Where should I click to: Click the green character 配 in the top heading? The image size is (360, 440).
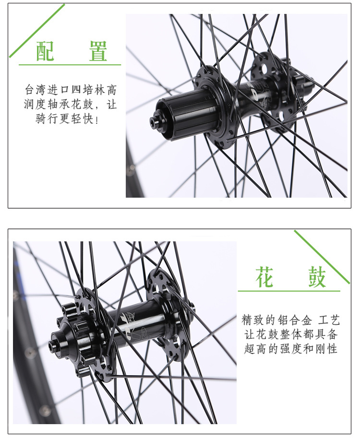pyautogui.click(x=45, y=51)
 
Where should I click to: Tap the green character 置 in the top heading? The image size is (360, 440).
pyautogui.click(x=98, y=51)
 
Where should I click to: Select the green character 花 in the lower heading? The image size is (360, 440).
pyautogui.click(x=264, y=277)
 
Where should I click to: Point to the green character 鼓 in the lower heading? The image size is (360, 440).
pyautogui.click(x=317, y=277)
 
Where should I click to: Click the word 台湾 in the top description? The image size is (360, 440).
pyautogui.click(x=35, y=90)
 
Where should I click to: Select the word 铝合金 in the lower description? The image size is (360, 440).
pyautogui.click(x=295, y=320)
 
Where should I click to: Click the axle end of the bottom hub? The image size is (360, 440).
pyautogui.click(x=54, y=344)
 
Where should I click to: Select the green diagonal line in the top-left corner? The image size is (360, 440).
pyautogui.click(x=37, y=31)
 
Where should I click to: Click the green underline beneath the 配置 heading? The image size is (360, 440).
pyautogui.click(x=70, y=65)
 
